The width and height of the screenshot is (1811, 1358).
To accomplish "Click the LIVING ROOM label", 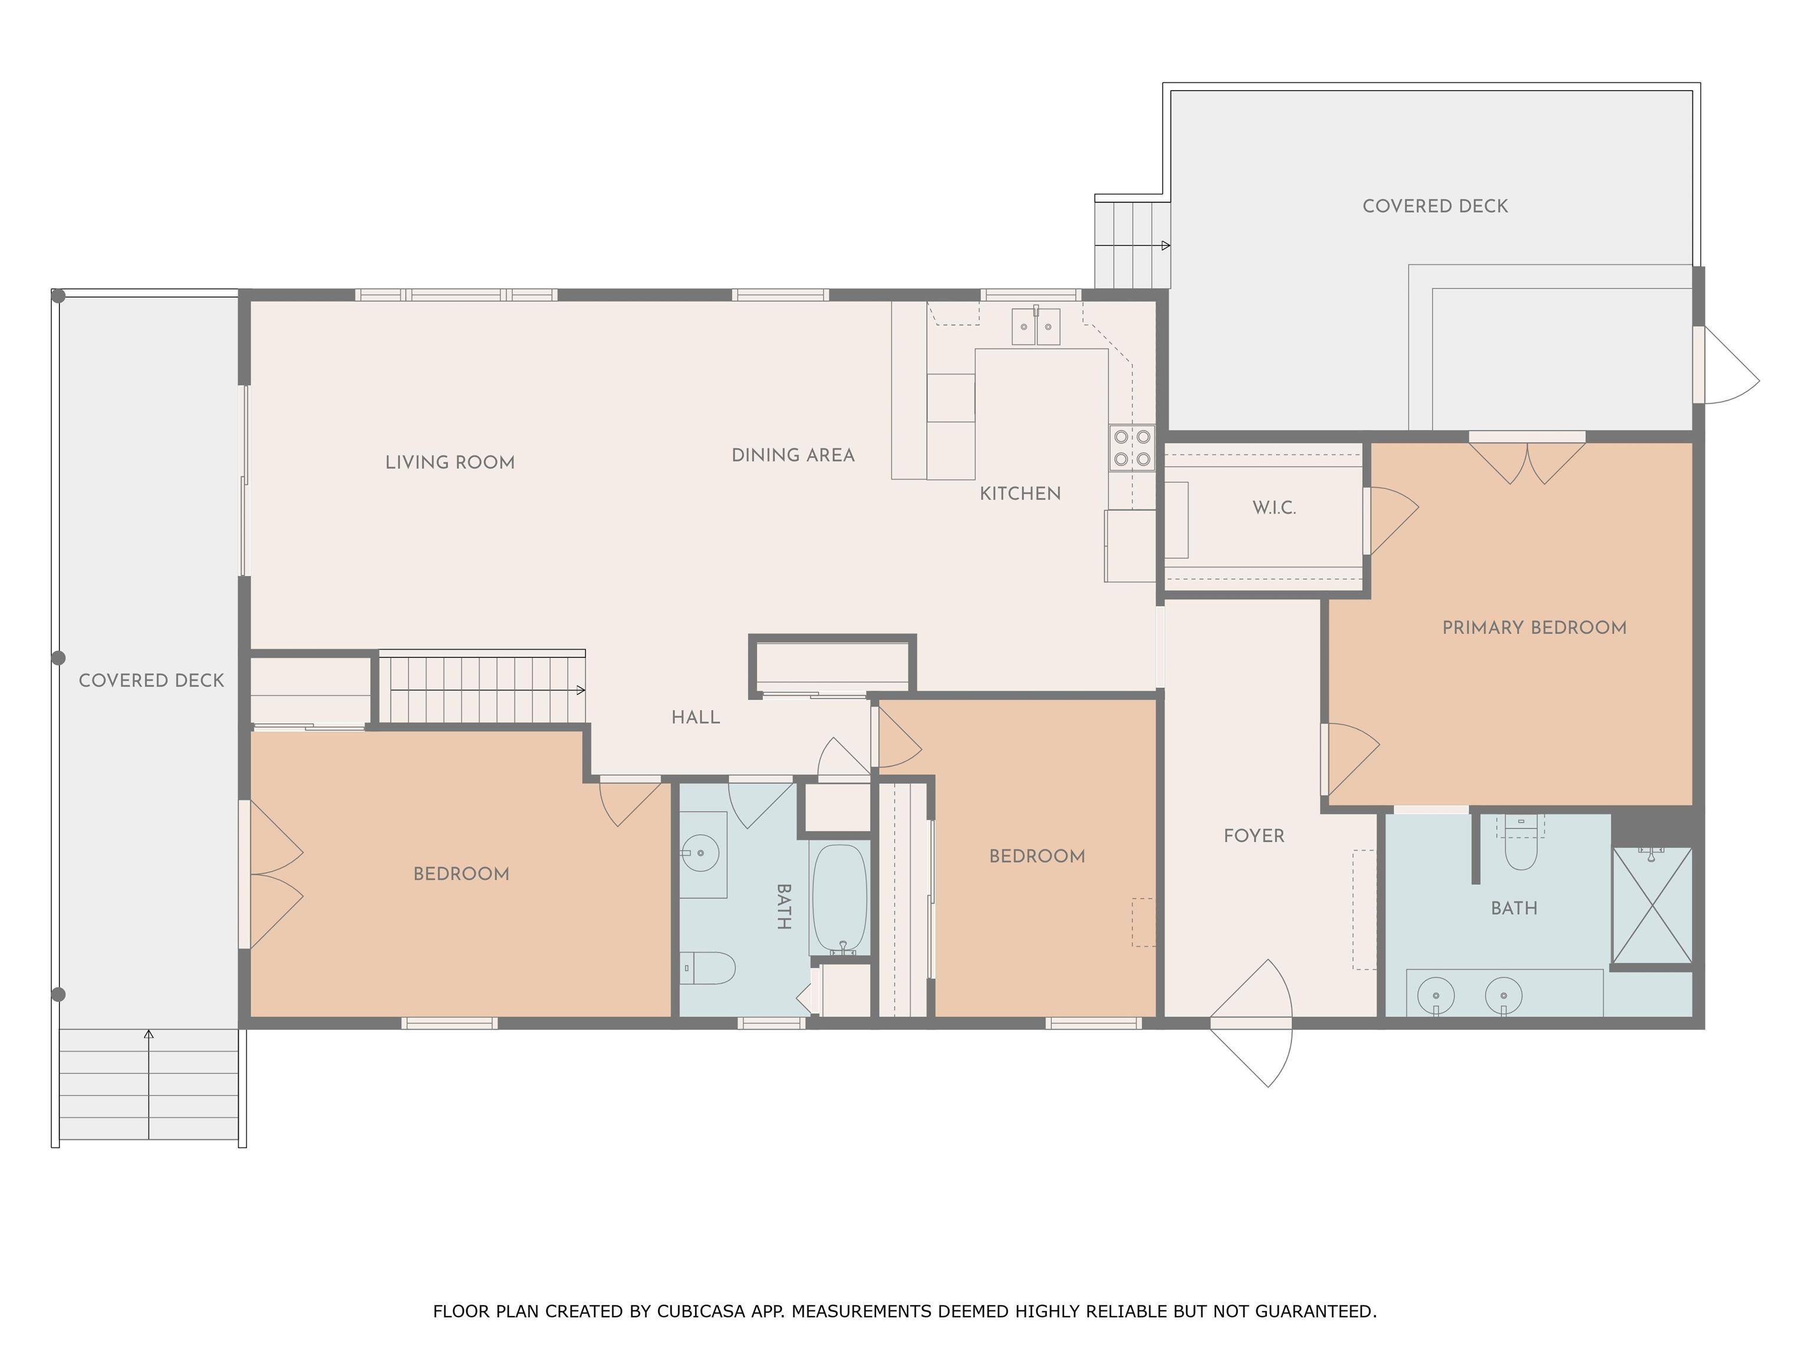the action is click(450, 463).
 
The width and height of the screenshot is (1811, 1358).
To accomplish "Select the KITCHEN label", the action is click(1020, 493).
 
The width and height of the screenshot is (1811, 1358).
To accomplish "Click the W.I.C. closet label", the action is click(1274, 507).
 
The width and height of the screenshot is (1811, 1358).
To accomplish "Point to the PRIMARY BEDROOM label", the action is click(1535, 628).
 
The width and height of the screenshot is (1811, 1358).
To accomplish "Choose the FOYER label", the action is click(1253, 836).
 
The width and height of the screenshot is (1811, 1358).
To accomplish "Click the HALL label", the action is click(695, 718).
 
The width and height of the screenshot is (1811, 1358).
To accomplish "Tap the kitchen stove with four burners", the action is click(1132, 448).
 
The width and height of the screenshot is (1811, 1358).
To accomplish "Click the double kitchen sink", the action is click(1036, 326).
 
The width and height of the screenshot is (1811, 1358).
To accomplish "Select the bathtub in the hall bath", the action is click(839, 898).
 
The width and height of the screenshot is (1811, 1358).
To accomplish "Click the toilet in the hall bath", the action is click(708, 968).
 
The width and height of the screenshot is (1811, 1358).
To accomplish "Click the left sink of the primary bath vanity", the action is click(1437, 996).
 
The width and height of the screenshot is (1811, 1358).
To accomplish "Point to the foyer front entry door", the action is click(1251, 1023).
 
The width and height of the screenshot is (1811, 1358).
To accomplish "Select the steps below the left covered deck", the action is click(149, 1084).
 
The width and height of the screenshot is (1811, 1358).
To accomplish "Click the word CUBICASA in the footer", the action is click(701, 1311).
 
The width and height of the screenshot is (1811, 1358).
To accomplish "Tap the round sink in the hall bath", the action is click(701, 853).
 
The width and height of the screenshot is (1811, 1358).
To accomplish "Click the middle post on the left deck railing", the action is click(58, 657).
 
